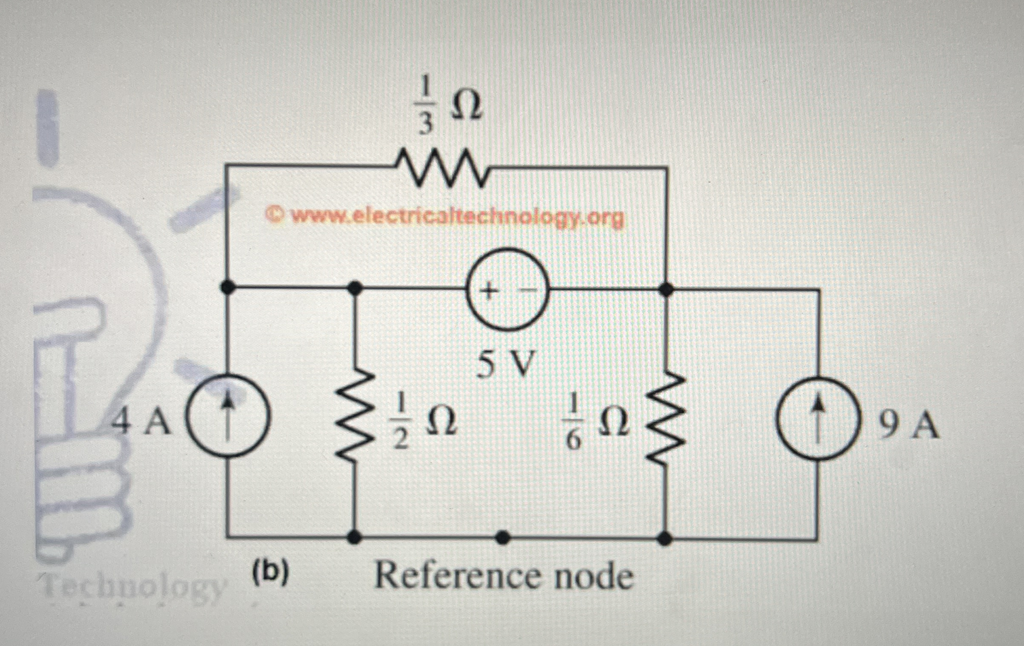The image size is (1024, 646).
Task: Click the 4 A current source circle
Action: [228, 417]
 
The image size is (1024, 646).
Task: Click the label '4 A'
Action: [141, 424]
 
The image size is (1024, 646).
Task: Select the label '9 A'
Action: [909, 428]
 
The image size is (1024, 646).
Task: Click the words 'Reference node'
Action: [503, 576]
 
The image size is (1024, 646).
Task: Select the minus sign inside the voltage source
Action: [527, 290]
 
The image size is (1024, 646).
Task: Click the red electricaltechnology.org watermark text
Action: [445, 218]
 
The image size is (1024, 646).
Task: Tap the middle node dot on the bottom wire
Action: [503, 537]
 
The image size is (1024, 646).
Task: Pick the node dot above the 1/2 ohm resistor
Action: [354, 287]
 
